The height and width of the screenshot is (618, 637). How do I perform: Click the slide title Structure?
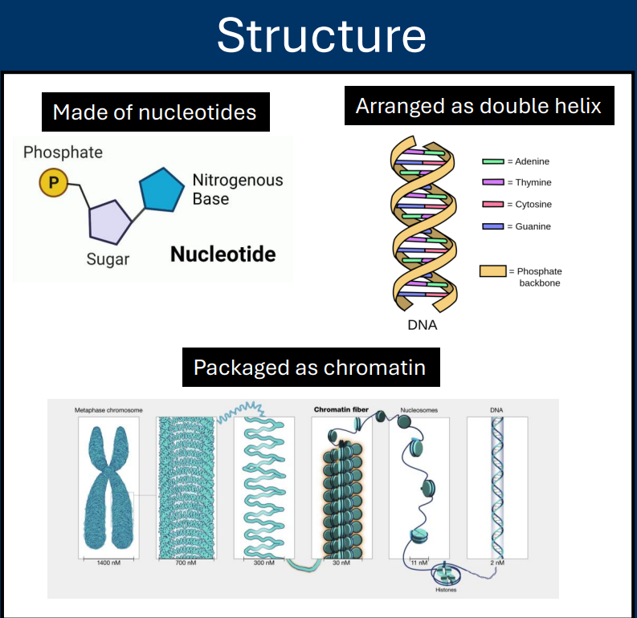[321, 35]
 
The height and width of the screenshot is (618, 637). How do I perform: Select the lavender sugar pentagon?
[109, 222]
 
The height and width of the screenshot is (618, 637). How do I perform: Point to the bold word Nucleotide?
[223, 255]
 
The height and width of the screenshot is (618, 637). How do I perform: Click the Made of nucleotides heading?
[154, 112]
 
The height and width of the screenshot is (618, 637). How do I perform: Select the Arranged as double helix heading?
[479, 105]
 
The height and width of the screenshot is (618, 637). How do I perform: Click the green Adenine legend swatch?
[492, 161]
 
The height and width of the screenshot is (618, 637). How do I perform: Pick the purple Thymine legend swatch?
[492, 183]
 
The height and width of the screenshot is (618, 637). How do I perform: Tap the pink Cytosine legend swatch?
[492, 205]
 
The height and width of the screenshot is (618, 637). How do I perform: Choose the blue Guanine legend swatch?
[492, 226]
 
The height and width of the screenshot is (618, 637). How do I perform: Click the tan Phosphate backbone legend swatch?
[492, 271]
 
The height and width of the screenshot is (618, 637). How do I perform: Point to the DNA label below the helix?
[423, 325]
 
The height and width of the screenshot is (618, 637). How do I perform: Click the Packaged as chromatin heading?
[309, 368]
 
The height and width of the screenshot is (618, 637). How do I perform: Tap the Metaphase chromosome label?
[109, 410]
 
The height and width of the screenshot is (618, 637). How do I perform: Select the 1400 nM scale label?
[108, 563]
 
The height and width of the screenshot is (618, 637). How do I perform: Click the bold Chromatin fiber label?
[341, 409]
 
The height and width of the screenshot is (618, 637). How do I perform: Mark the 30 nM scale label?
[341, 563]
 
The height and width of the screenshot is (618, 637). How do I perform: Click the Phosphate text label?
[63, 152]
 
